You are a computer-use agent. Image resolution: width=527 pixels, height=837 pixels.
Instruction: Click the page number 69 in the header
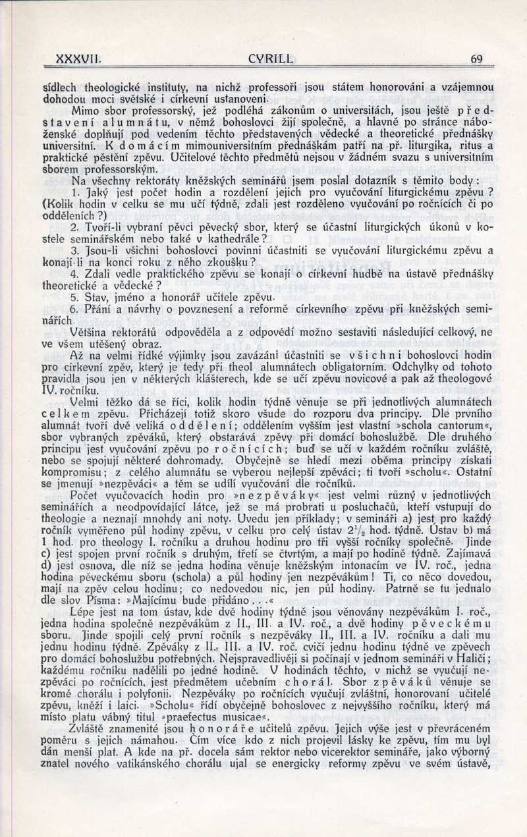tap(477, 59)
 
